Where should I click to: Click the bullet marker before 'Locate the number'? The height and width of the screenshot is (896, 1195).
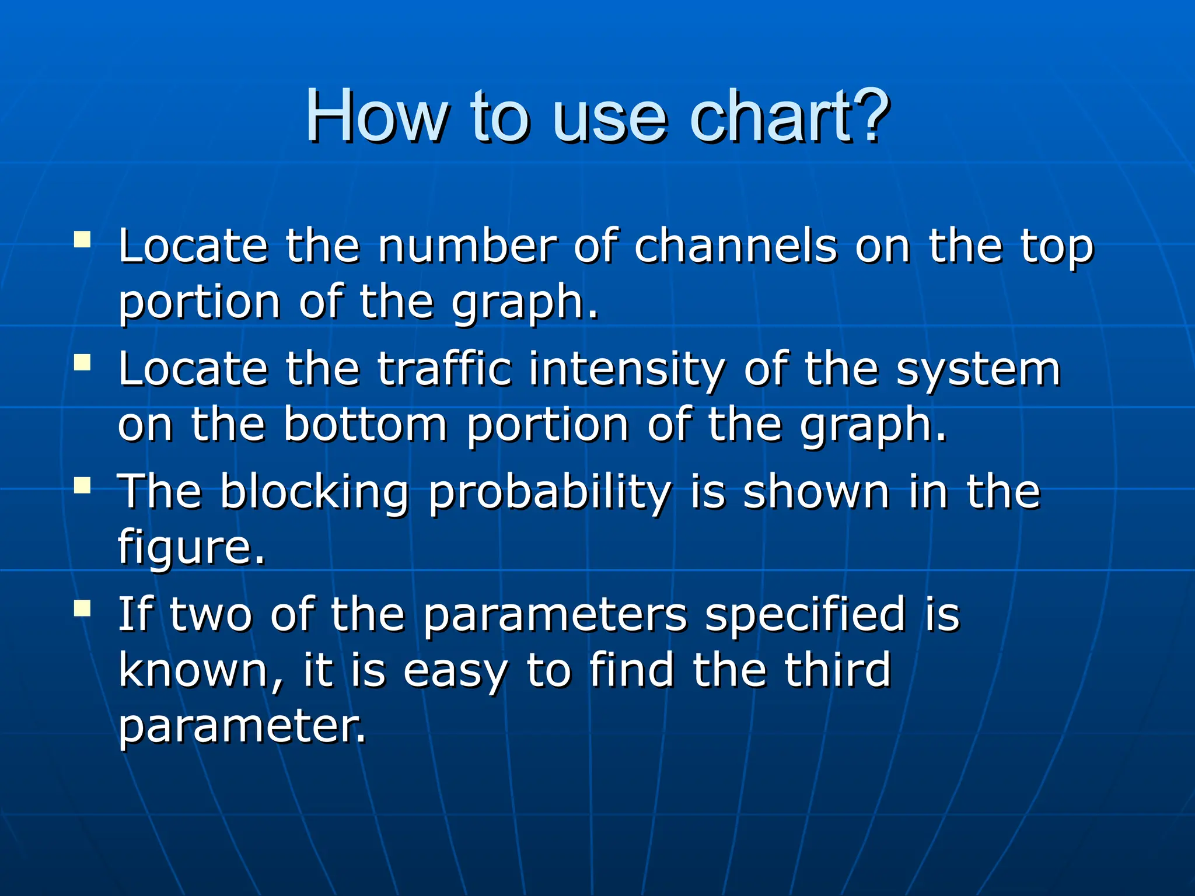tap(82, 240)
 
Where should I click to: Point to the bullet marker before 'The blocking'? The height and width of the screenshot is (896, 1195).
tap(82, 485)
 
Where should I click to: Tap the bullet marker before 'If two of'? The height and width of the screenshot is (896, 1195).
tap(82, 608)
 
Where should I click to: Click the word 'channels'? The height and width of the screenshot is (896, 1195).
tap(736, 246)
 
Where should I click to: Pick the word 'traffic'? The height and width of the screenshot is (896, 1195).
tap(445, 369)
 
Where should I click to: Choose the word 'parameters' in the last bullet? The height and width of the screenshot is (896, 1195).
tap(554, 616)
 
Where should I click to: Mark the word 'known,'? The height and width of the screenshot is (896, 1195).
tap(201, 671)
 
